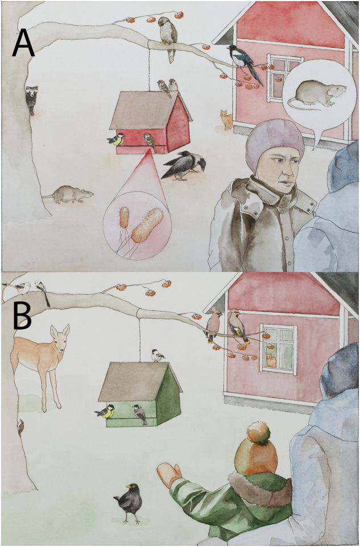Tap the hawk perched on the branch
[x=169, y=38]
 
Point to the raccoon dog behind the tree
[x=31, y=100]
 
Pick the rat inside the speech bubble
[x=317, y=94]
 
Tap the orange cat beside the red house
[x=226, y=120]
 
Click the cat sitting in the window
[x=271, y=360]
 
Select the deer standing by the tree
[x=41, y=363]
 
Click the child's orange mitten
[x=169, y=475]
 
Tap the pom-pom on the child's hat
[x=259, y=433]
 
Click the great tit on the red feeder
[x=116, y=139]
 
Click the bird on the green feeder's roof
[x=158, y=356]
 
